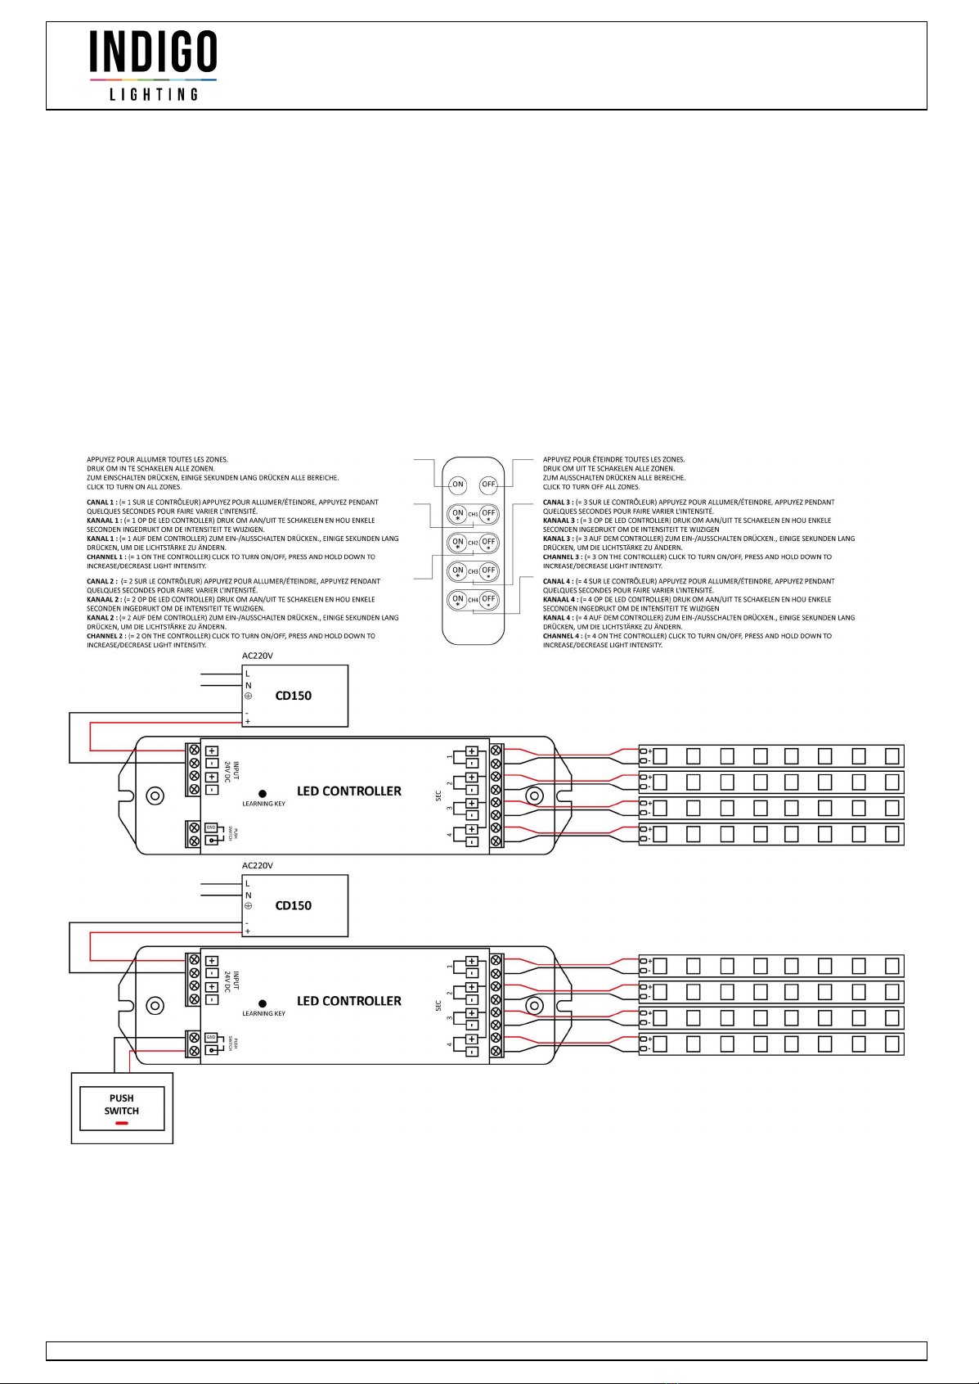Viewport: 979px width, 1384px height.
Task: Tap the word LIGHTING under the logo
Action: click(x=154, y=94)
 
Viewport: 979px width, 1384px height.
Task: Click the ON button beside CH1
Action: click(x=458, y=514)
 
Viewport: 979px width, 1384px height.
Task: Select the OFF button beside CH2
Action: click(x=488, y=542)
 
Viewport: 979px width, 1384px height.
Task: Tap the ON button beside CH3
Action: click(x=458, y=570)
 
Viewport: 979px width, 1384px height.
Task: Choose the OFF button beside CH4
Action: click(x=488, y=599)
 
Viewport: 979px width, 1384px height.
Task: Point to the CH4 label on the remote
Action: click(x=473, y=600)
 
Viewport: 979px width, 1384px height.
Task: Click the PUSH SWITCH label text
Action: click(x=121, y=1104)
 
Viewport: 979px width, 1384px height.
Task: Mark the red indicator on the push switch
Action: click(x=121, y=1123)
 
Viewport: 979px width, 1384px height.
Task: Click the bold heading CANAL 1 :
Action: click(x=101, y=503)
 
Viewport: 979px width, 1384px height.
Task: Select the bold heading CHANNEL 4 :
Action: click(x=562, y=636)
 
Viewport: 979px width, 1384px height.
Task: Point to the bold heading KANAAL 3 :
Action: click(x=559, y=521)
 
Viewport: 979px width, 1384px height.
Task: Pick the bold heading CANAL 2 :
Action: click(x=101, y=582)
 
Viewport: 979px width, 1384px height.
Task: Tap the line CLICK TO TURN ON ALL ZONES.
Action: click(x=134, y=487)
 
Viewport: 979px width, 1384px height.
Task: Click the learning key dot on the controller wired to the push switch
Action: click(x=263, y=1003)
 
